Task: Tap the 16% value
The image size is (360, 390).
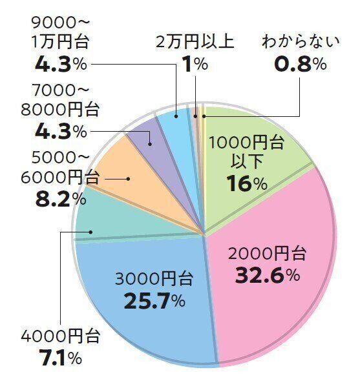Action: pyautogui.click(x=247, y=183)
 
